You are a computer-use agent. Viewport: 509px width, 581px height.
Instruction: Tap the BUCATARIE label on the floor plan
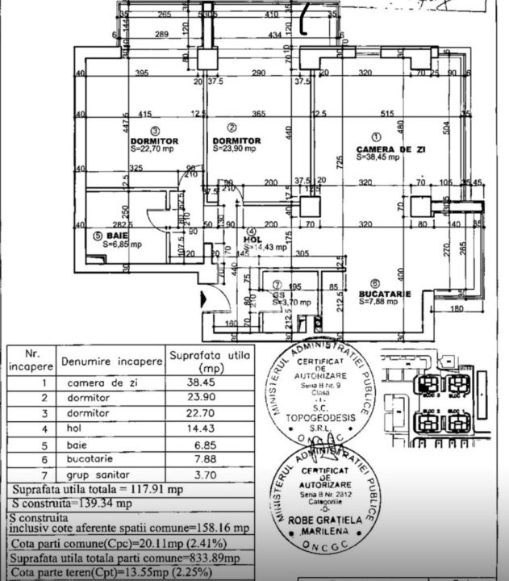[385, 294]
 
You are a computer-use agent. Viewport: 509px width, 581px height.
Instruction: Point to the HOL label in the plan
[253, 239]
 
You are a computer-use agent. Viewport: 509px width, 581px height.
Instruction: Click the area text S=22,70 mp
[155, 149]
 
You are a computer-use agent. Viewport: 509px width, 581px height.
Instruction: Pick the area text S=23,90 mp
[234, 149]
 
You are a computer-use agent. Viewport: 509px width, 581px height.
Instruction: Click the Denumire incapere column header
[110, 363]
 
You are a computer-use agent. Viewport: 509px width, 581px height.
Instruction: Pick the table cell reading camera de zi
[98, 383]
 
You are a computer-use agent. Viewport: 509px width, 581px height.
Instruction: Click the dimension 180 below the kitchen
[457, 307]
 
